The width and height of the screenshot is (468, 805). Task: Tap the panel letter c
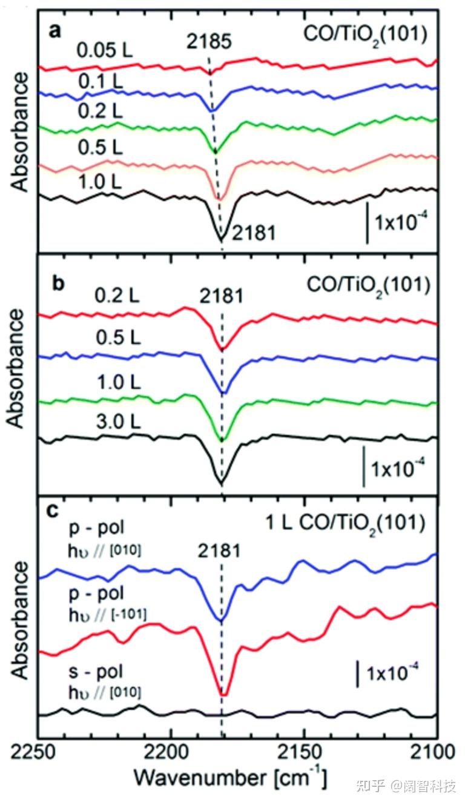[55, 511]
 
